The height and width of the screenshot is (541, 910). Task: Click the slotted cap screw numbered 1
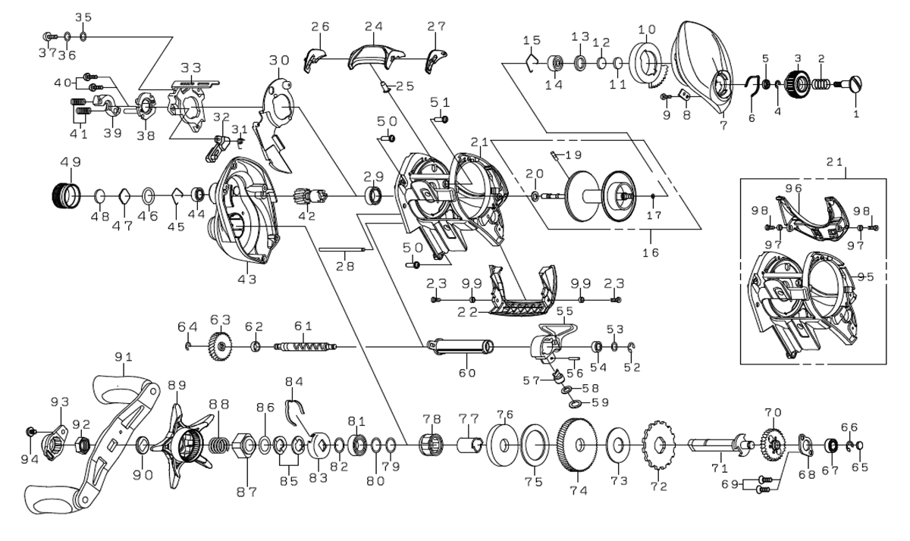pos(858,84)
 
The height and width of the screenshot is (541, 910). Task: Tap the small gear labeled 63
pos(220,348)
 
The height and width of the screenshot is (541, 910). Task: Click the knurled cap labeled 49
pos(65,195)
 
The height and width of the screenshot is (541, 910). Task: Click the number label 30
pos(279,59)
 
